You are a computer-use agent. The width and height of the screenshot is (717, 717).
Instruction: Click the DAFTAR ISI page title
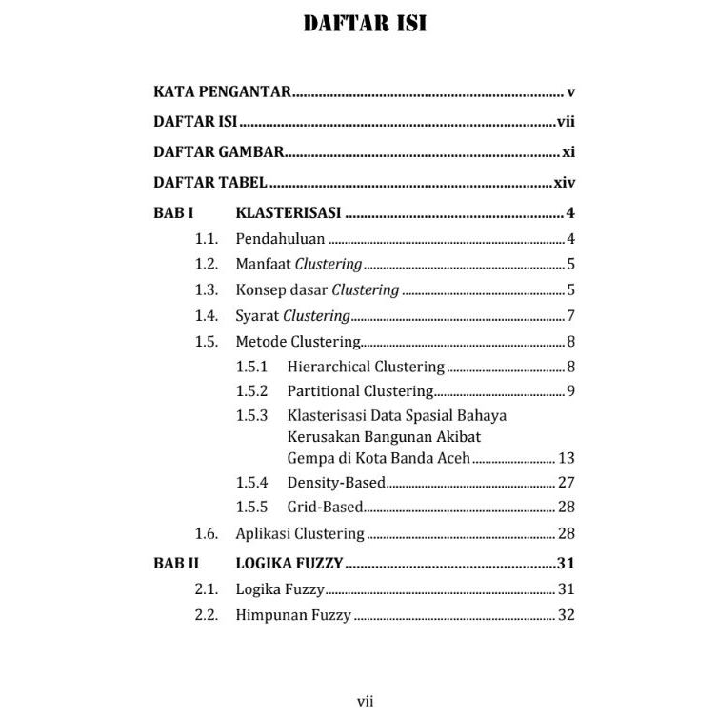[x=365, y=23]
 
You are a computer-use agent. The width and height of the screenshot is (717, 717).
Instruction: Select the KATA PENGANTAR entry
[x=222, y=93]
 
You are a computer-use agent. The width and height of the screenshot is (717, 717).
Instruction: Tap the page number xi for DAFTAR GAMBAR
[x=568, y=152]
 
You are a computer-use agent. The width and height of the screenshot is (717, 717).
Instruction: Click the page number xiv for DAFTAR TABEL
[x=565, y=183]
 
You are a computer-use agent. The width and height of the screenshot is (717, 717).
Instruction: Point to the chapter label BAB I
[x=173, y=213]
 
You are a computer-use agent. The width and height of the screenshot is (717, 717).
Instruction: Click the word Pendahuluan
[x=280, y=239]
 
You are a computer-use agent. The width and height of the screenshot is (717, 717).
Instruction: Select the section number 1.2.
[x=207, y=265]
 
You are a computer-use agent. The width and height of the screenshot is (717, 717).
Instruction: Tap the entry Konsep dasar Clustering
[x=317, y=290]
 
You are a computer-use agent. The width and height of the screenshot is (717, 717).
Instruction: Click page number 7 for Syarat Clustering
[x=570, y=316]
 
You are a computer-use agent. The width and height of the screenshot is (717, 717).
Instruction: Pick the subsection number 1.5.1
[x=252, y=367]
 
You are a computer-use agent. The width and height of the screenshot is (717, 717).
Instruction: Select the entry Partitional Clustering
[x=360, y=391]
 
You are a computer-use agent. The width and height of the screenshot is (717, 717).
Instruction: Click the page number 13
[x=567, y=458]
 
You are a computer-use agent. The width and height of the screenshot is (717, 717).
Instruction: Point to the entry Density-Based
[x=336, y=483]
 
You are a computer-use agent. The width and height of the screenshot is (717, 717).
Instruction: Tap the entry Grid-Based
[x=325, y=508]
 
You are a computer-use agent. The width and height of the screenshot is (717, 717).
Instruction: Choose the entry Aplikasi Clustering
[x=300, y=533]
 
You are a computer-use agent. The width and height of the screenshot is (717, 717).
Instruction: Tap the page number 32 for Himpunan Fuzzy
[x=567, y=615]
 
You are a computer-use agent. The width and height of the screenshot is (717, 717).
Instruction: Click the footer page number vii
[x=365, y=702]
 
